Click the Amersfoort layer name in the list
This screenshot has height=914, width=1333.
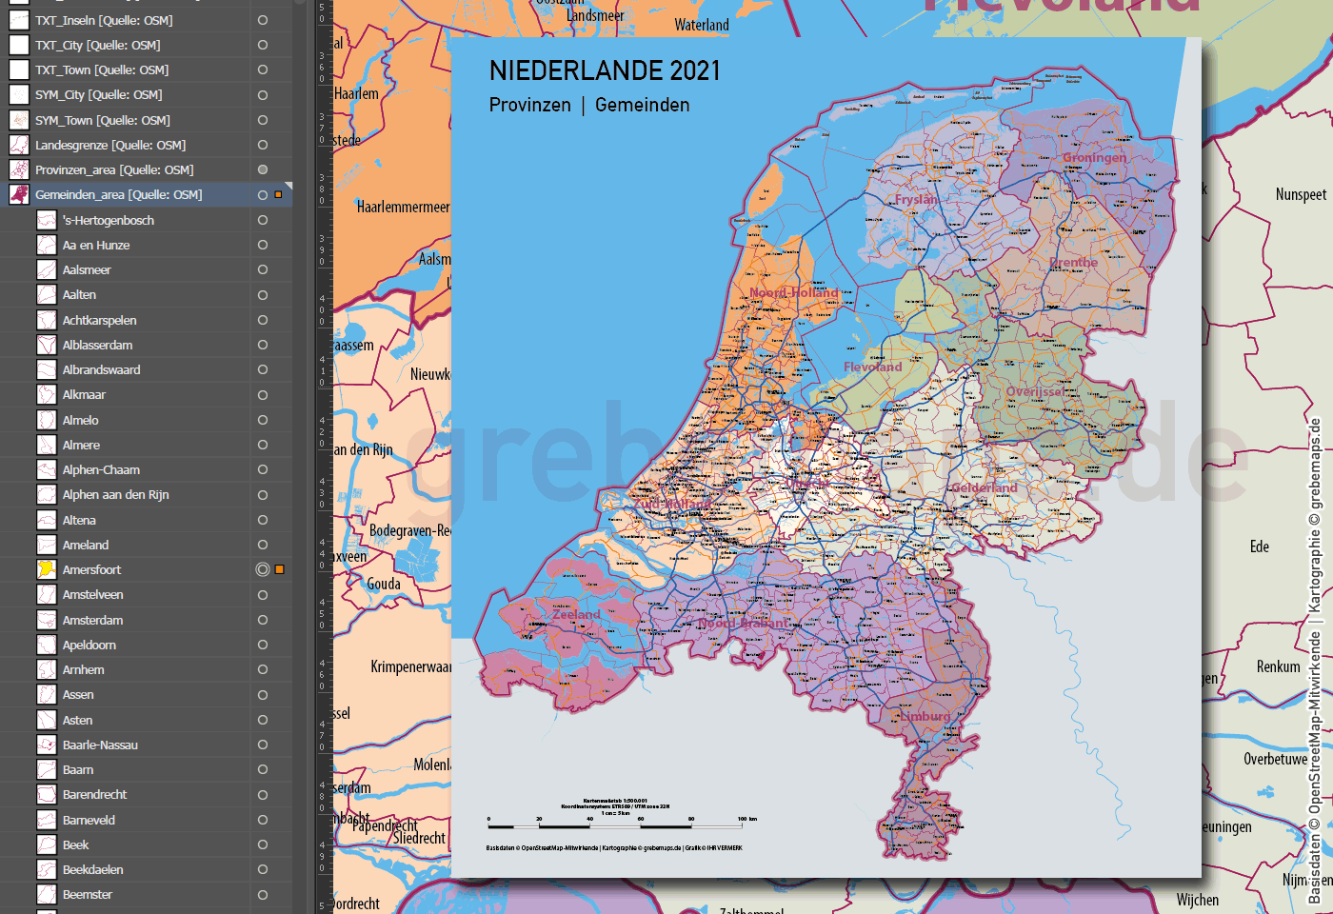[91, 569]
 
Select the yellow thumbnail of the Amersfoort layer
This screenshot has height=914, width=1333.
[46, 569]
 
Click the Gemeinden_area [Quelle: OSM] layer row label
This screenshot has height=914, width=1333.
[118, 194]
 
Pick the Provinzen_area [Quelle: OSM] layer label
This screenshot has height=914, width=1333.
[114, 169]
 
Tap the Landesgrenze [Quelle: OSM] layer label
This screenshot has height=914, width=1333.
[110, 145]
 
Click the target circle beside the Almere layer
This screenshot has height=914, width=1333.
[263, 445]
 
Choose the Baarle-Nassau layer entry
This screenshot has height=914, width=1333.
[100, 745]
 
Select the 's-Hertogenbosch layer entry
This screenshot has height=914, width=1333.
[108, 220]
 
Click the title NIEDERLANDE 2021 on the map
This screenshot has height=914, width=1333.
[605, 70]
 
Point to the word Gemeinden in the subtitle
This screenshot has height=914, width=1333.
[642, 105]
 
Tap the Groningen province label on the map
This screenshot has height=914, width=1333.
[1094, 157]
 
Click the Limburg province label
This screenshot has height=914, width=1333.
[924, 716]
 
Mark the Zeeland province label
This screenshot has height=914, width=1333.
[576, 614]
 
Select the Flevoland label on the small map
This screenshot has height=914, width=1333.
[872, 367]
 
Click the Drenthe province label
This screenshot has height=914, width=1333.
[1073, 262]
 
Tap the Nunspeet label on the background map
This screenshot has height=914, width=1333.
[1301, 194]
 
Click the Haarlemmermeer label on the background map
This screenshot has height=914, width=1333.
[403, 207]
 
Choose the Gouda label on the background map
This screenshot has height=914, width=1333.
[384, 584]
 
